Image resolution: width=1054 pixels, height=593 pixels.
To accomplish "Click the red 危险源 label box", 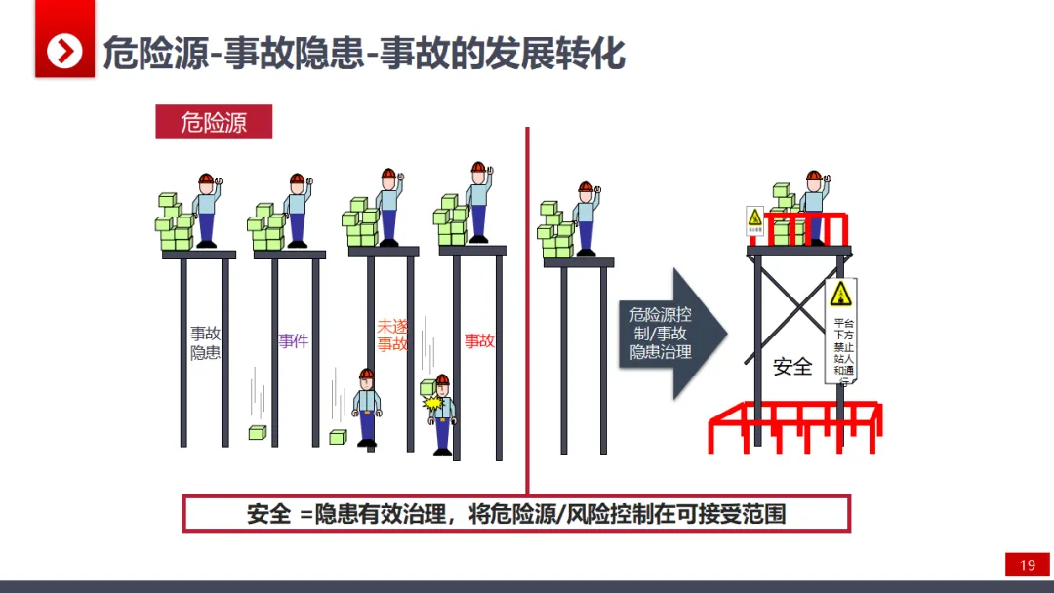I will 214,122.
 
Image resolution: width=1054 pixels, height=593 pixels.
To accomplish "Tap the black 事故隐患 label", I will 205,343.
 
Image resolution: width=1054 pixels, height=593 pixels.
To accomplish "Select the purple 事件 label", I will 293,341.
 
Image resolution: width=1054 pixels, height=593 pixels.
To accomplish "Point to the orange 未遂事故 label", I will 392,335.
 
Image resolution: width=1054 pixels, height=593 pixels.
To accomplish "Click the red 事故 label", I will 479,341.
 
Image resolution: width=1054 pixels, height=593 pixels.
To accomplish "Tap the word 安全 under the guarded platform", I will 792,367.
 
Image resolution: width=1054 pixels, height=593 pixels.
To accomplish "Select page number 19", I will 1027,566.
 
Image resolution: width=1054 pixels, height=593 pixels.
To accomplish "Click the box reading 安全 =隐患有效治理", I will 516,514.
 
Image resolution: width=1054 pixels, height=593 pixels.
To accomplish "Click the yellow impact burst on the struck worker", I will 434,401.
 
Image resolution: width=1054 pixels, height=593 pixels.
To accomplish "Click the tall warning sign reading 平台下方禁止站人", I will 841,331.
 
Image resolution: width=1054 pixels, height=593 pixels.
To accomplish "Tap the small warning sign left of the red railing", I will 754,220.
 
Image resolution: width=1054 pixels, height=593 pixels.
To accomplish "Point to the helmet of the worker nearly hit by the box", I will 366,375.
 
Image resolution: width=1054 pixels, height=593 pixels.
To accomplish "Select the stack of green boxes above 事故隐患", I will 175,223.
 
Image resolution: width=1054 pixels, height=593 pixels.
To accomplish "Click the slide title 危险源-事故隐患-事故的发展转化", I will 363,53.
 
